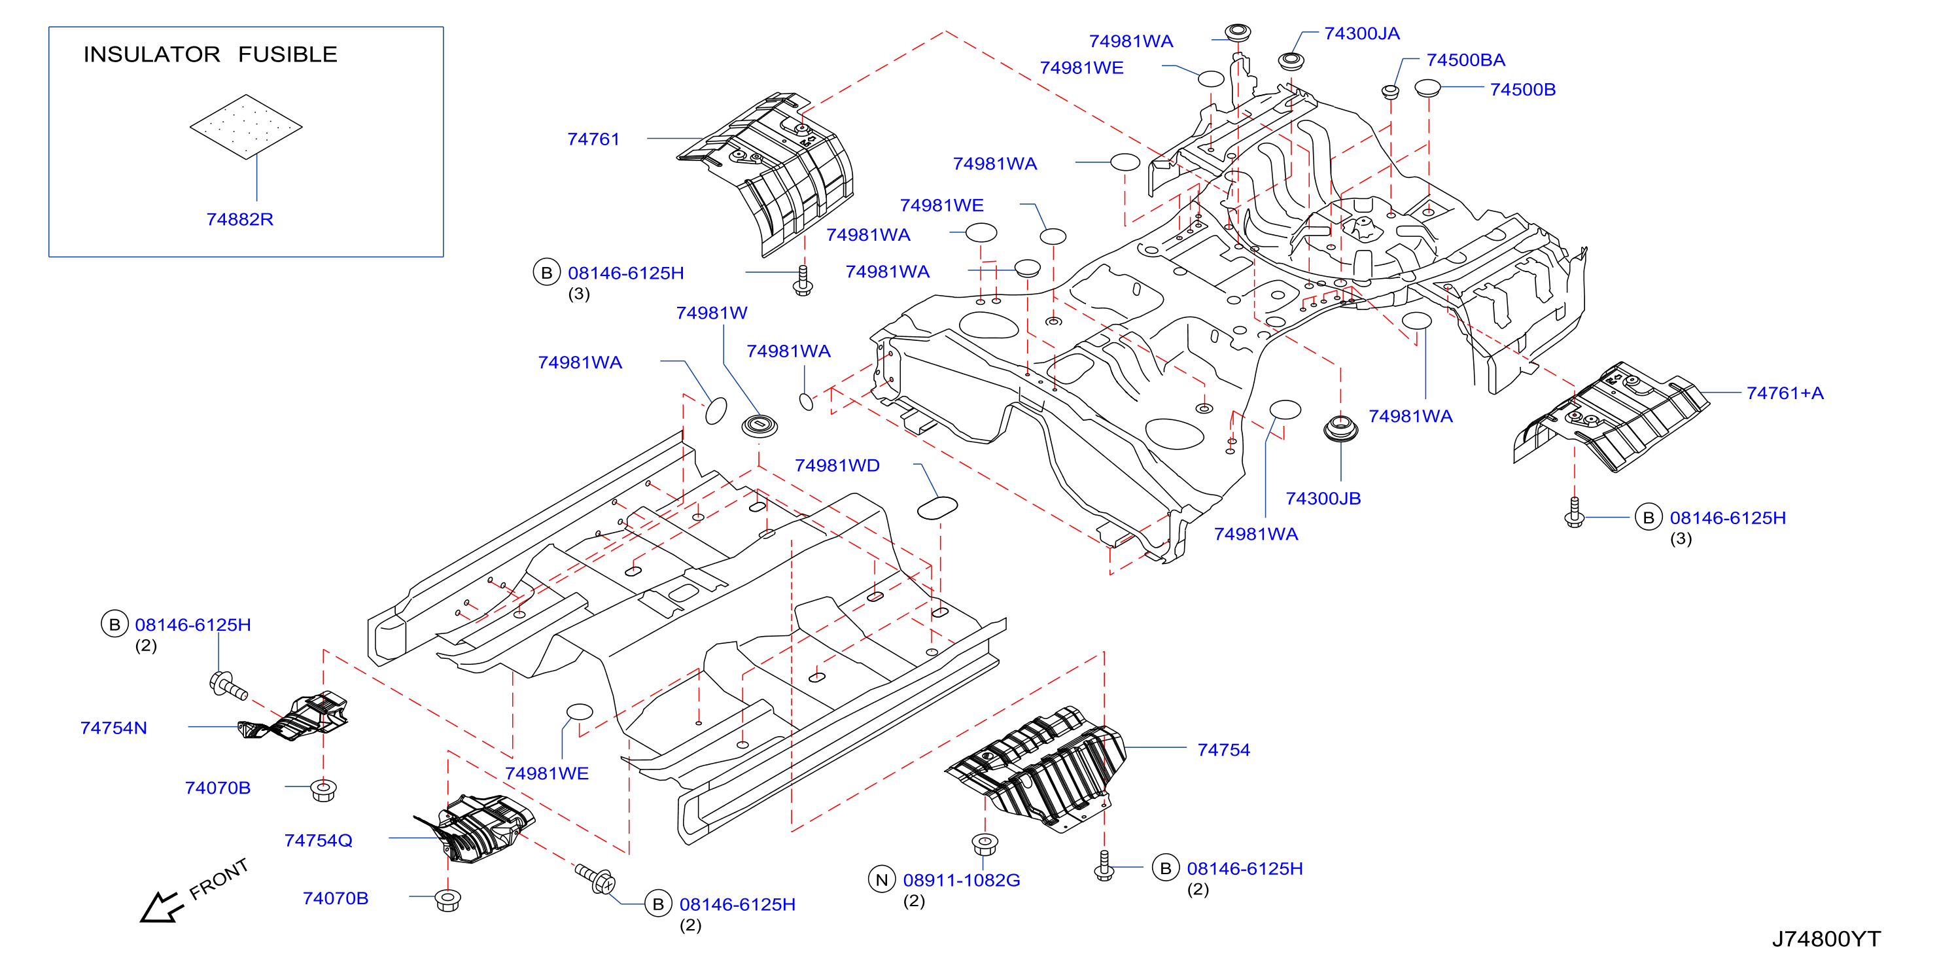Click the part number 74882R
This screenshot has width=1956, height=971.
point(240,219)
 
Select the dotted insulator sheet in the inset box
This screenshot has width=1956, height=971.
point(246,127)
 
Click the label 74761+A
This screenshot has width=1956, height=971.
point(1785,393)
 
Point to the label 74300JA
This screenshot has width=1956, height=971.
point(1361,33)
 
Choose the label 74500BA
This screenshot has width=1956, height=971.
point(1465,60)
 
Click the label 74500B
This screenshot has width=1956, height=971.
point(1522,90)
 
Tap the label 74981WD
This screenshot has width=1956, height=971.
point(837,465)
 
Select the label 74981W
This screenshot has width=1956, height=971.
point(712,313)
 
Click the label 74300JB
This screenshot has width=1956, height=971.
point(1323,499)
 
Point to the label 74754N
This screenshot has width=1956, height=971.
point(114,728)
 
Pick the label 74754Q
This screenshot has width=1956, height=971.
point(318,840)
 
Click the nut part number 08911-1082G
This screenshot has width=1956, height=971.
point(961,881)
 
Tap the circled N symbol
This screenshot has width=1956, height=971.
point(882,880)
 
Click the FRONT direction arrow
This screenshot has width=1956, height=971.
point(161,908)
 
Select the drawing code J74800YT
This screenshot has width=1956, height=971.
point(1826,940)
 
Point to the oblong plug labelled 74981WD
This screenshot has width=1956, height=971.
point(937,508)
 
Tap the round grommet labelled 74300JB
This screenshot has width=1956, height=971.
point(1340,429)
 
